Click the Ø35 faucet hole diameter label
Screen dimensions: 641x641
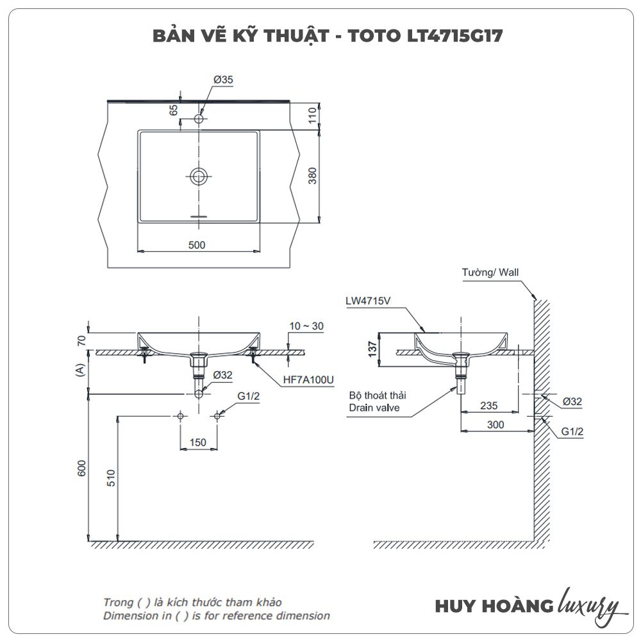tap(223, 79)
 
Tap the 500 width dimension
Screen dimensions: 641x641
tap(197, 245)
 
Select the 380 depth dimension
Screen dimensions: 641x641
tap(312, 176)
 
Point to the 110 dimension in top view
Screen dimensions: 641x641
tap(312, 115)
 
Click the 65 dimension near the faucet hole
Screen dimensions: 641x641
tap(174, 110)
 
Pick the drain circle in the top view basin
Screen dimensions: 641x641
tap(199, 176)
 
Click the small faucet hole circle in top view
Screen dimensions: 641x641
tap(199, 119)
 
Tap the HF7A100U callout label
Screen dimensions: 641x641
tap(308, 379)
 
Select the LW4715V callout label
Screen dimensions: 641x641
tap(368, 301)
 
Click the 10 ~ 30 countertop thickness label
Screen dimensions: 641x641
tap(306, 326)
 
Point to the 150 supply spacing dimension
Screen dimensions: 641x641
tap(198, 442)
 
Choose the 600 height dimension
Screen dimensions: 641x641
tap(82, 468)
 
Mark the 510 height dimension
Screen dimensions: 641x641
tap(111, 478)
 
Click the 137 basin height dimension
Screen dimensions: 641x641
tap(372, 349)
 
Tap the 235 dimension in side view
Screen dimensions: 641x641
tap(489, 406)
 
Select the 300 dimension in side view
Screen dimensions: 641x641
tap(495, 425)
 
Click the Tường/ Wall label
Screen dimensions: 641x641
tap(490, 272)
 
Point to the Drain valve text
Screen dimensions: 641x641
tap(374, 408)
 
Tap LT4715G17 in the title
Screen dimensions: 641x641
tap(455, 36)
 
